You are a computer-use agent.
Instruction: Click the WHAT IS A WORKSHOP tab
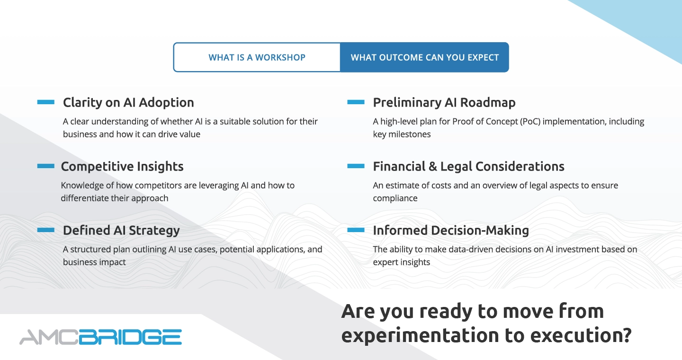pos(257,57)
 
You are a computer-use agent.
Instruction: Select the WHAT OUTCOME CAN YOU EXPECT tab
pos(424,57)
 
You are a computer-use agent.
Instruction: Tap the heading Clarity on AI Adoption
pos(128,103)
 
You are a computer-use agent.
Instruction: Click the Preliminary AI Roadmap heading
pos(444,103)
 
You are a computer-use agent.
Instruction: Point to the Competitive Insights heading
pos(122,167)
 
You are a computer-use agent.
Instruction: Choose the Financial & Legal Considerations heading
pos(468,167)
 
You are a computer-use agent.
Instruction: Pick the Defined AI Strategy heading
pos(121,231)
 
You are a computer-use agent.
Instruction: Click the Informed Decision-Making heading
pos(451,231)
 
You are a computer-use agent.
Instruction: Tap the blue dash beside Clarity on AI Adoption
pos(45,102)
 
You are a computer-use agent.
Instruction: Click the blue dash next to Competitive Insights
pos(45,166)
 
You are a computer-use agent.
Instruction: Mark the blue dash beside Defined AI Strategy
pos(45,230)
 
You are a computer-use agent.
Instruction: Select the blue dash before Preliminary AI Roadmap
pos(356,102)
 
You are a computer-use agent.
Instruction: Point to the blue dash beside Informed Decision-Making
pos(356,230)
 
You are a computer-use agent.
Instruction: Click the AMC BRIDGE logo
pos(100,337)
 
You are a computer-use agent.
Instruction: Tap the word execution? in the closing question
pos(581,335)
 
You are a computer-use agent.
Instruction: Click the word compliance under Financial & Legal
pos(395,198)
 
